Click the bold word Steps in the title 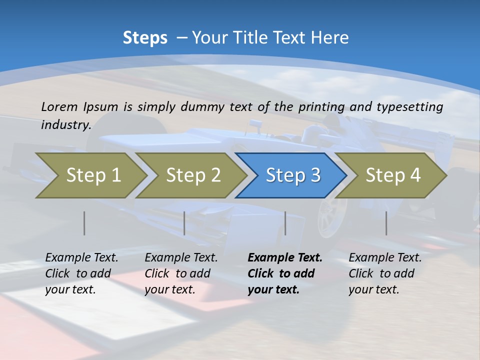click(x=145, y=38)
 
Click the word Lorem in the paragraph click(x=59, y=106)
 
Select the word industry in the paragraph click(x=65, y=124)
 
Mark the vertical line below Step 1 click(x=84, y=223)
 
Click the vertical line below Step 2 click(x=184, y=223)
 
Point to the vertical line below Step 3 click(x=285, y=223)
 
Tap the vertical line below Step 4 click(x=386, y=223)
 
